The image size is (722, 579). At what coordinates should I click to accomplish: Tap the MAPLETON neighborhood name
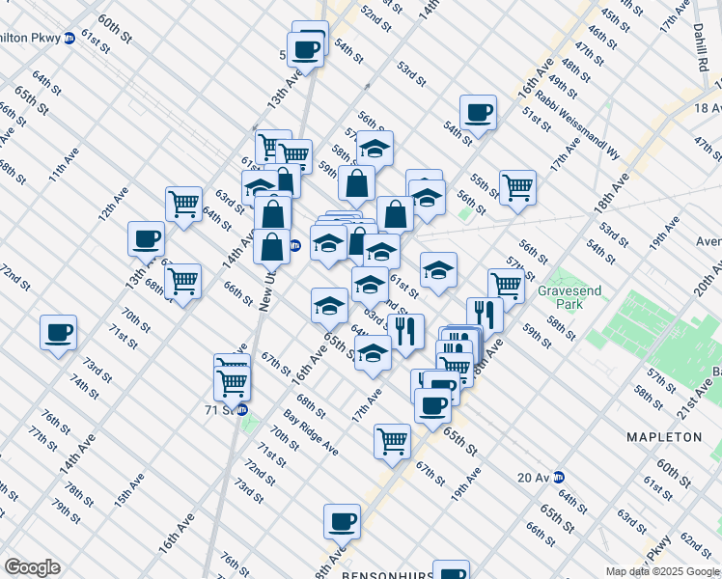[664, 437]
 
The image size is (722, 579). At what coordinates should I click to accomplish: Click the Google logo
[32, 567]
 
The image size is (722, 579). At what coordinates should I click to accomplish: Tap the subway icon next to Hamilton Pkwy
[69, 40]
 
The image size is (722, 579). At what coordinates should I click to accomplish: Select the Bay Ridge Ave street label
[311, 435]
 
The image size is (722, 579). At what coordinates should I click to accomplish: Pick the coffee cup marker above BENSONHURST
[342, 521]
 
